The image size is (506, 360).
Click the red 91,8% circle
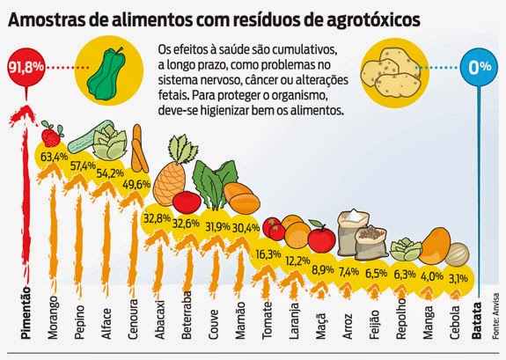(26, 67)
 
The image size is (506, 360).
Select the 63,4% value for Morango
(52, 157)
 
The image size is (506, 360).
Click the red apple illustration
(322, 238)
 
